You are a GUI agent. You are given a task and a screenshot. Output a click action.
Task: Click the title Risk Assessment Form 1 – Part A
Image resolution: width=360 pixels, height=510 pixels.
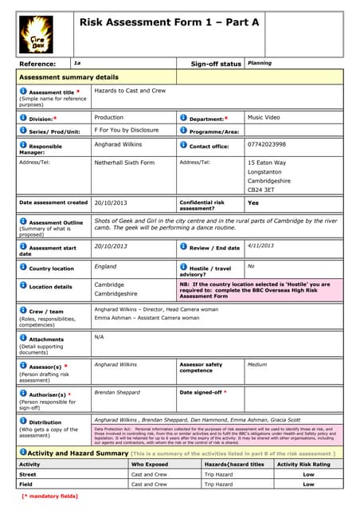pos(169,23)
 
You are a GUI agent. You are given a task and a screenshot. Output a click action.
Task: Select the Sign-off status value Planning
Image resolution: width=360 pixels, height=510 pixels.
pos(259,63)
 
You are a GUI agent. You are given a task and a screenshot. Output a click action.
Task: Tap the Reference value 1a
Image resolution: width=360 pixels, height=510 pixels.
pos(77,63)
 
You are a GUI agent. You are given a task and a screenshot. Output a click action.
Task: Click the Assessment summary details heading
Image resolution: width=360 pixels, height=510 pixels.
pos(68,77)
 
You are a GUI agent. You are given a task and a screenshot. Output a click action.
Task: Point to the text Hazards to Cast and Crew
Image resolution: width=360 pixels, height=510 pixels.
pos(130,92)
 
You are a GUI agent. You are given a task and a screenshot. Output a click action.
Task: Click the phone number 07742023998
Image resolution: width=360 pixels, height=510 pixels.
pos(266,145)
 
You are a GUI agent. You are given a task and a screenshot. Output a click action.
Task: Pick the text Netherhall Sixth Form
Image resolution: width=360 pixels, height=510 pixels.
pos(124,163)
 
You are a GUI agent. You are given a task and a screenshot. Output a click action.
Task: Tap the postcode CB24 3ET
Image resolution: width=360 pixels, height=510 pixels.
pos(262,190)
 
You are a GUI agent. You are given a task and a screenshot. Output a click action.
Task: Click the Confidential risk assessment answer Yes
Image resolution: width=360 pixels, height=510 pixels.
pos(253,203)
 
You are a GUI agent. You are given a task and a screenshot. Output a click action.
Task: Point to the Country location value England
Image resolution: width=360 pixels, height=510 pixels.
pos(105,266)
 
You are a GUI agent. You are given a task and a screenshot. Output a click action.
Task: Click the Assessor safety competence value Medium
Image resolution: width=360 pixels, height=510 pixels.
pos(257,364)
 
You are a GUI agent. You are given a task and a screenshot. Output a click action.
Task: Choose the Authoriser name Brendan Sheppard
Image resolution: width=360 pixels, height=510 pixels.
pos(116,392)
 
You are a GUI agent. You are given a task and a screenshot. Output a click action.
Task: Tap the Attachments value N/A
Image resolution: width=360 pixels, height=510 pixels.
pos(100,336)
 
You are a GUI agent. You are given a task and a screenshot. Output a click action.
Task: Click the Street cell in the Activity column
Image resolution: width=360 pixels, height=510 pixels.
pos(28,473)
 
